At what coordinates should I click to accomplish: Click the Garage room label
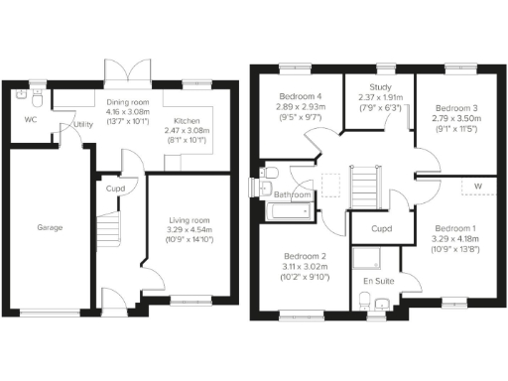click(x=51, y=227)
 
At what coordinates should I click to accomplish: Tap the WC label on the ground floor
click(x=30, y=122)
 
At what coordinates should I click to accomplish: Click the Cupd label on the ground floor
click(x=115, y=187)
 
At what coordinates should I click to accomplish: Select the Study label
click(x=379, y=87)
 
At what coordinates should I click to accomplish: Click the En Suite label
click(x=376, y=283)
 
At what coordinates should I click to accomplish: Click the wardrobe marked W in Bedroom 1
click(x=477, y=186)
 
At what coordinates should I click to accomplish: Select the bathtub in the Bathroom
click(x=290, y=211)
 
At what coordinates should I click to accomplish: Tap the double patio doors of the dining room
click(x=126, y=72)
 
